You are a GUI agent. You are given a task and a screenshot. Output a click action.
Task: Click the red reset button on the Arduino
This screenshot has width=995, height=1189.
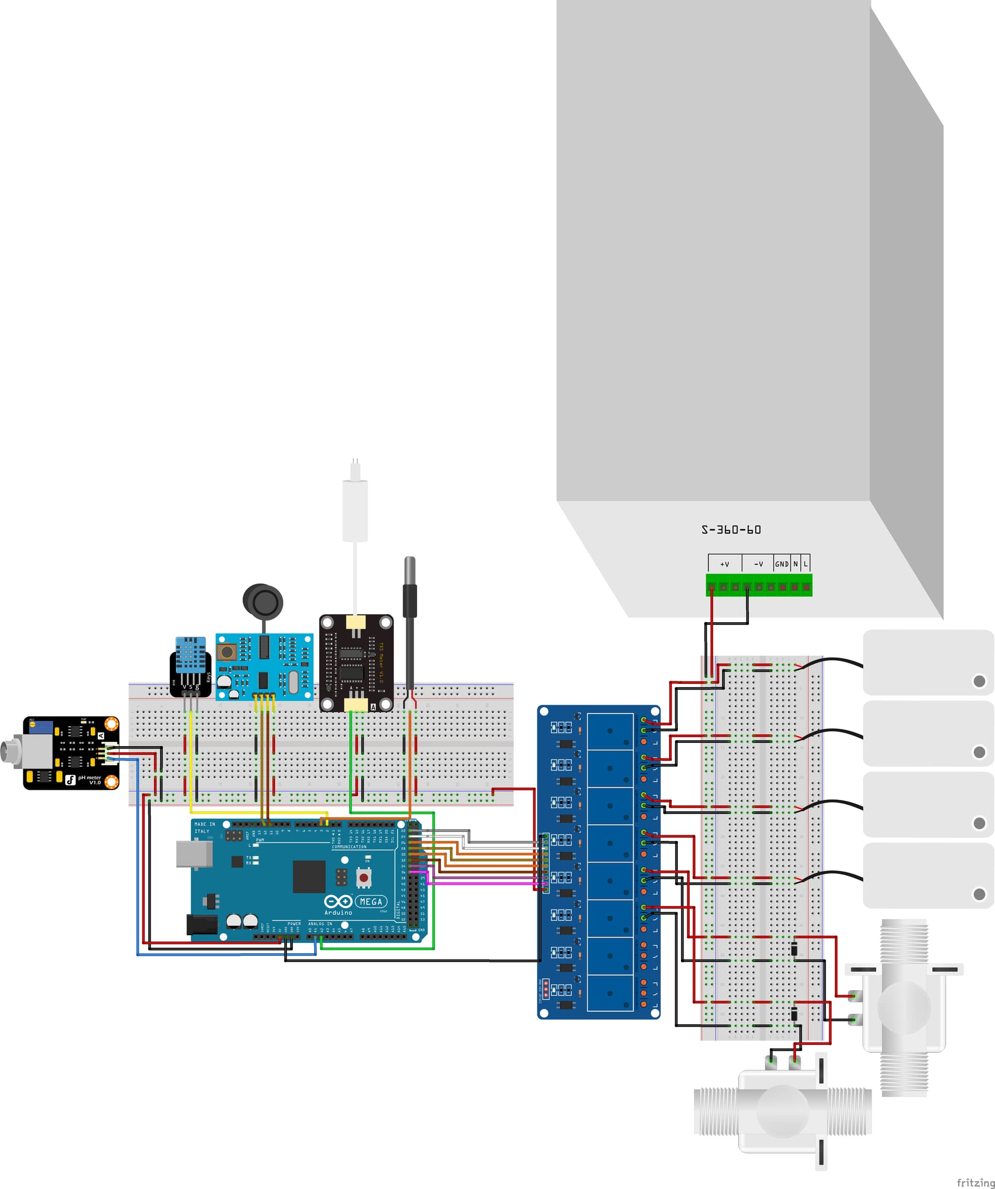tap(364, 878)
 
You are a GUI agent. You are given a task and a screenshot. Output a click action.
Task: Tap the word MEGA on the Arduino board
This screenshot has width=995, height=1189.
tap(371, 901)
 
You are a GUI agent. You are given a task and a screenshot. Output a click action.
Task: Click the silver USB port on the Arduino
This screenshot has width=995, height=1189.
tap(194, 854)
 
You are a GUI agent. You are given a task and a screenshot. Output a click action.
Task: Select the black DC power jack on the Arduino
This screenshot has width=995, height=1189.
tap(202, 925)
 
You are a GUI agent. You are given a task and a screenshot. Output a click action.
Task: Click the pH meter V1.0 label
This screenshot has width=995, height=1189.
tap(90, 780)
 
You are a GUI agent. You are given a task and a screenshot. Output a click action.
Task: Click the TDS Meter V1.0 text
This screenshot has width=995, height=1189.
tap(381, 663)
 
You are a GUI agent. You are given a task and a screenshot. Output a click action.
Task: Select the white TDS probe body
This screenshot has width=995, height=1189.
tap(355, 510)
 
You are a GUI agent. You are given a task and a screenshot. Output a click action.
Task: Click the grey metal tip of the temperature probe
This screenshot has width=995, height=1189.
tap(409, 570)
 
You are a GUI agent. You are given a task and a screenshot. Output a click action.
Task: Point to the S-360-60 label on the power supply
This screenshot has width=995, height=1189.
tap(731, 530)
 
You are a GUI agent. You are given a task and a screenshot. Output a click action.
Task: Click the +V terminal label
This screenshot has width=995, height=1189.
tap(724, 564)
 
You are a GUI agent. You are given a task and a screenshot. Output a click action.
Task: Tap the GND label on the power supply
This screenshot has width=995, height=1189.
tap(781, 564)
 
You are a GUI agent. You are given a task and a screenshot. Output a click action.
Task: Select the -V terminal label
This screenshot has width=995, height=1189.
tap(758, 564)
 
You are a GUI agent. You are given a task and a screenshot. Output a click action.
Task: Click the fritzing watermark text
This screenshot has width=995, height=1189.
tap(975, 1182)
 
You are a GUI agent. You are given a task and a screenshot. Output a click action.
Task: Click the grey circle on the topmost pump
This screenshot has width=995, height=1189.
tap(979, 681)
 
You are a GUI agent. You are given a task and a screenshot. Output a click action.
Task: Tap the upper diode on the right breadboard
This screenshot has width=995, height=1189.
tap(794, 949)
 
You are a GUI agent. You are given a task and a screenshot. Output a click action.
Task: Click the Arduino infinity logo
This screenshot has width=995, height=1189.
tap(338, 901)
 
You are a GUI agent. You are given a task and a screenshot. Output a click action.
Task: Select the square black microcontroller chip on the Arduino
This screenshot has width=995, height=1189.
tap(309, 876)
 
